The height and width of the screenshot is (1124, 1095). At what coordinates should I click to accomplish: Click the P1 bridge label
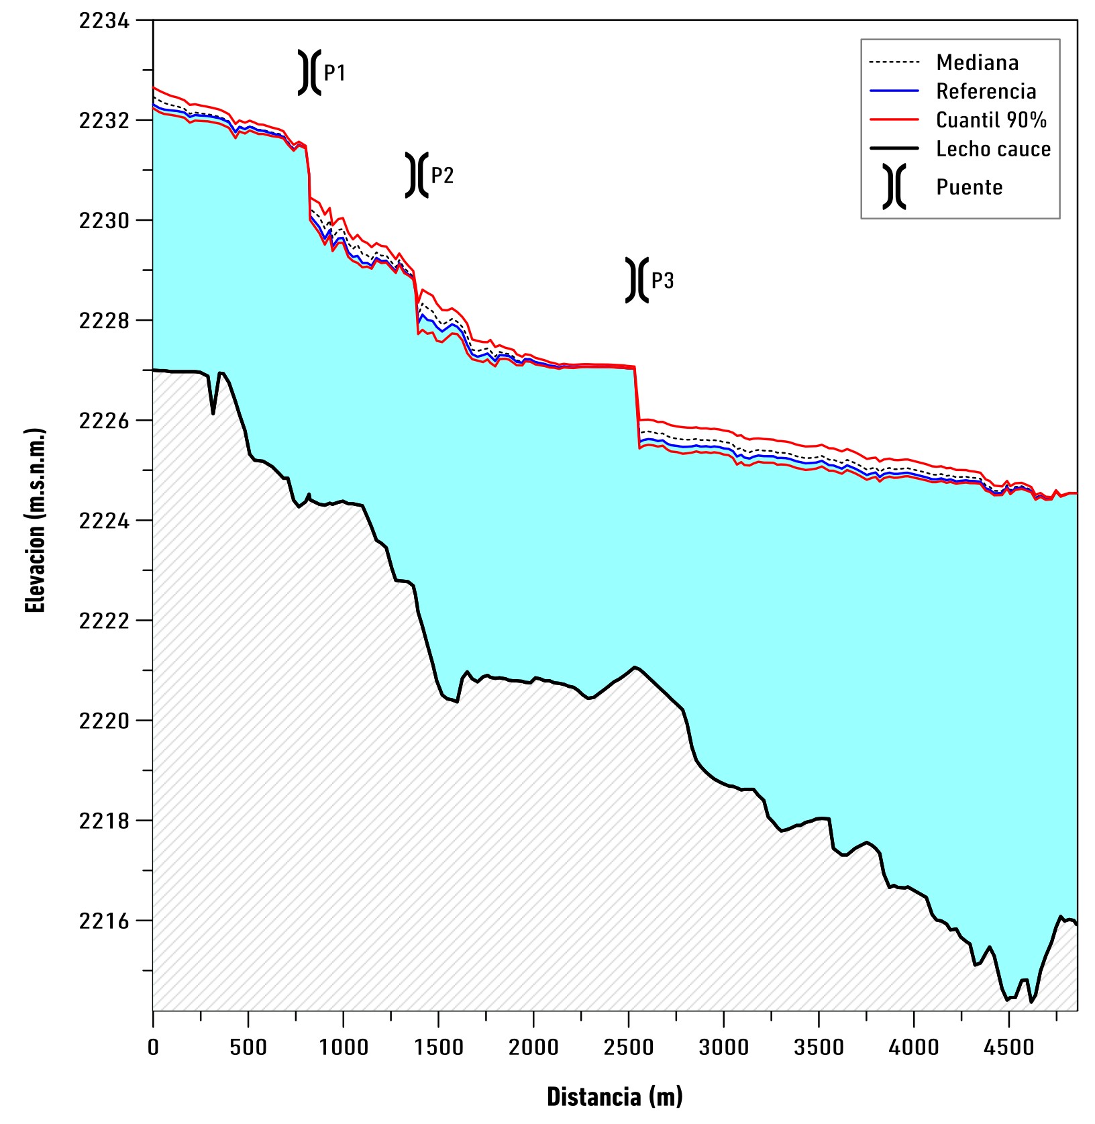335,72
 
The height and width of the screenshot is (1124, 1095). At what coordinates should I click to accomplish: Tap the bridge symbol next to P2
417,175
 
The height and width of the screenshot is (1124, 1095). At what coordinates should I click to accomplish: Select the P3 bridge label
662,280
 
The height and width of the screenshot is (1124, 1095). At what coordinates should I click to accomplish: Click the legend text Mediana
977,62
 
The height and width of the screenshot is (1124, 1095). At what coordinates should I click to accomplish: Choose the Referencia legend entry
986,91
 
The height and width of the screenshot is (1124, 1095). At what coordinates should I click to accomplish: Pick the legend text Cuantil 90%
991,120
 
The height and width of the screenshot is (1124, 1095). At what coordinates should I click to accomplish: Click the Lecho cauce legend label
993,149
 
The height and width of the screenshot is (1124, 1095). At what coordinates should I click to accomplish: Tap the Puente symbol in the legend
894,187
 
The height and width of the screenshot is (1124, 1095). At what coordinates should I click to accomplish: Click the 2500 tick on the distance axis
629,1047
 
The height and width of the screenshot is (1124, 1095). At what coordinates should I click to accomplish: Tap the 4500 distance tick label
1009,1047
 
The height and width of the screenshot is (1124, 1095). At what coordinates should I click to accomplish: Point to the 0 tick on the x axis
153,1047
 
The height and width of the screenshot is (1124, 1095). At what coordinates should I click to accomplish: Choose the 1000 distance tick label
343,1047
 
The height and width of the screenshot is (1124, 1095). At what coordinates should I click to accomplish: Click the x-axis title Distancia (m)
615,1096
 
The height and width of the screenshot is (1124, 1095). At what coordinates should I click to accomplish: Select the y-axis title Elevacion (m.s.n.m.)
35,521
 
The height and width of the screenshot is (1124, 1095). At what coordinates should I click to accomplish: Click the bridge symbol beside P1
309,72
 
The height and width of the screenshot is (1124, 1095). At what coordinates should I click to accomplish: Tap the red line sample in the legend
894,120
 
